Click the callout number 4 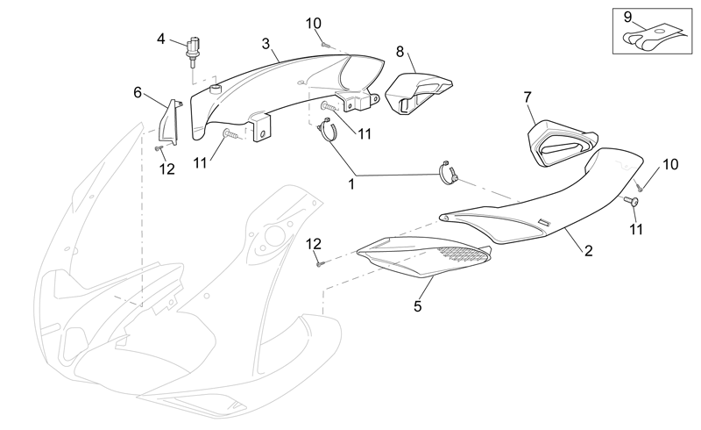click(x=161, y=39)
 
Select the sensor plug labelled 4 click(x=194, y=50)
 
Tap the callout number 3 click(x=266, y=44)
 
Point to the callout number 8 click(x=400, y=52)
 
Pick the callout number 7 click(x=528, y=97)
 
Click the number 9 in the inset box click(x=627, y=18)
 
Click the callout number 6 click(x=138, y=93)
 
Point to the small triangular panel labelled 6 click(x=170, y=122)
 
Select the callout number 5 click(x=418, y=306)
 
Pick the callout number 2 click(x=588, y=251)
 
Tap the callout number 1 click(x=351, y=184)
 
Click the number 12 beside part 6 click(x=166, y=168)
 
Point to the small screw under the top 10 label click(x=324, y=45)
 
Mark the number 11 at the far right click(x=636, y=229)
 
